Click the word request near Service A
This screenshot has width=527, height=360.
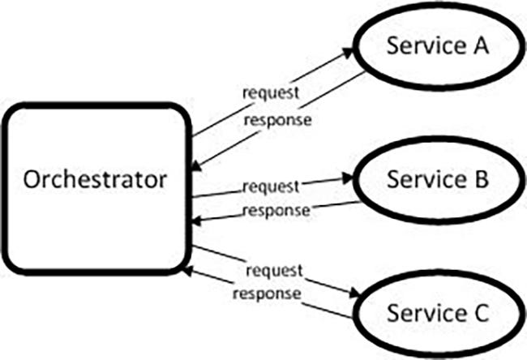point(272,92)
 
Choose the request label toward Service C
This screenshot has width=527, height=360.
point(273,269)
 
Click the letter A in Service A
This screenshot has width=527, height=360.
point(480,48)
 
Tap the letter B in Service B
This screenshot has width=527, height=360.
point(479,178)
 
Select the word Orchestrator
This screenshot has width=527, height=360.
point(96,178)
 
